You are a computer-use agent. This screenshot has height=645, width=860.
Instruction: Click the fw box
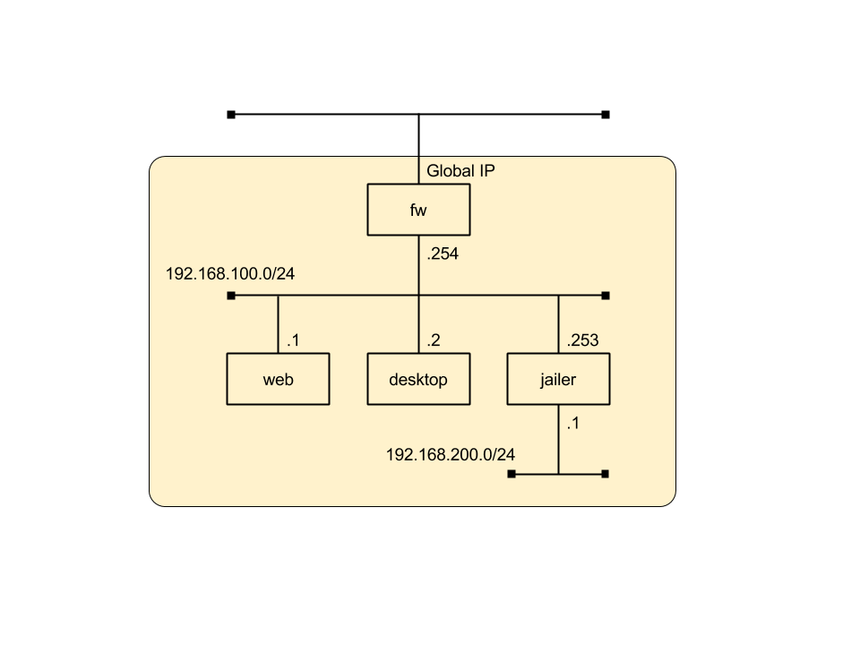[x=418, y=210]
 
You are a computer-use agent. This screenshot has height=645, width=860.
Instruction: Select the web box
[x=278, y=379]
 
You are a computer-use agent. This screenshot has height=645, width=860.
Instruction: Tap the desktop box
[x=418, y=379]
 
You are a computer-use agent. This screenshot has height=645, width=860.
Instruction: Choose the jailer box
[x=558, y=379]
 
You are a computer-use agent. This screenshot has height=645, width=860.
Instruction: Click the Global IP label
[x=461, y=170]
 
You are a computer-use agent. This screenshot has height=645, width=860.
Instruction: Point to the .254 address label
[x=443, y=254]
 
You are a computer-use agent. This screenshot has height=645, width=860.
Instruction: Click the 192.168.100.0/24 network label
[x=230, y=272]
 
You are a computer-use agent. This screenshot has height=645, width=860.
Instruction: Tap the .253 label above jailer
[x=582, y=340]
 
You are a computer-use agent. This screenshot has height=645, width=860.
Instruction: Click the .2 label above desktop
[x=434, y=340]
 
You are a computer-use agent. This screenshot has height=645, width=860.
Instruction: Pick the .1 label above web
[x=293, y=340]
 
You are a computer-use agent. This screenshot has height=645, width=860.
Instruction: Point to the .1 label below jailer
[x=573, y=424]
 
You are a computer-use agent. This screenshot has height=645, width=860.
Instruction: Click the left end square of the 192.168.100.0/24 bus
[x=231, y=296]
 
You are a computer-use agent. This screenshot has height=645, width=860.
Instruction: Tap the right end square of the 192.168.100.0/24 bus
[x=606, y=296]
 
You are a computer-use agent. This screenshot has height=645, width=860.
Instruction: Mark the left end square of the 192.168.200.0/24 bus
[x=512, y=473]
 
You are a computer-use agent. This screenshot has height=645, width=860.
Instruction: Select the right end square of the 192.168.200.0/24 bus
[x=606, y=473]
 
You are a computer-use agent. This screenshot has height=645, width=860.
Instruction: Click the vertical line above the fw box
[x=418, y=171]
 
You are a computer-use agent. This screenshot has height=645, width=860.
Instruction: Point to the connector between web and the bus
[x=278, y=324]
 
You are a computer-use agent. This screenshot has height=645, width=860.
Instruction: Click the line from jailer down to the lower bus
[x=558, y=439]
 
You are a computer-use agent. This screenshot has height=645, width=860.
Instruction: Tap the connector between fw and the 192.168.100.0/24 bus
[x=418, y=265]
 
